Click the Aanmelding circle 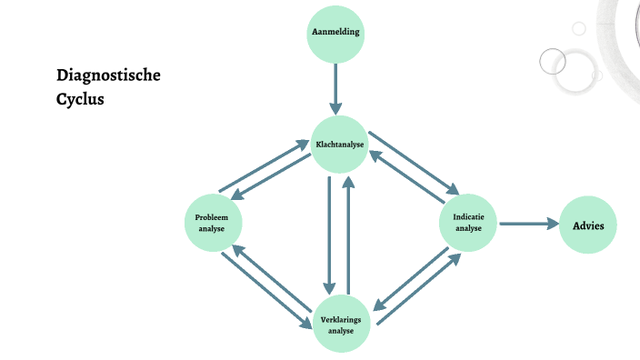tap(335, 34)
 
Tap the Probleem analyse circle tap(213, 222)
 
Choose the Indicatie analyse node tap(469, 222)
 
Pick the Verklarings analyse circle tap(342, 324)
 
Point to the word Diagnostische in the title tap(108, 75)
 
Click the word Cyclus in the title tap(80, 99)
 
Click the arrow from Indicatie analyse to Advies tap(528, 224)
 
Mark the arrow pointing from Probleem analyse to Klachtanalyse tap(264, 165)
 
